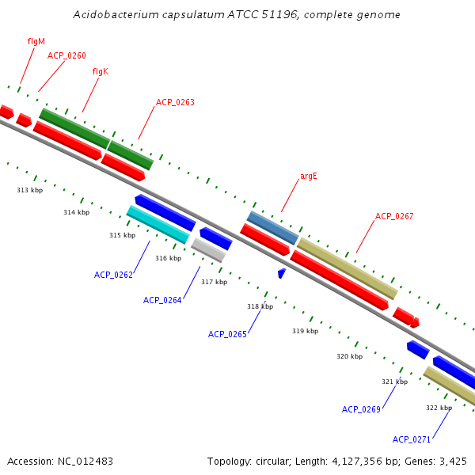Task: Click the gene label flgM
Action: coord(36,40)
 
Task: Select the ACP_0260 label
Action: coord(66,55)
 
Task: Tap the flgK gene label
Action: coord(100,71)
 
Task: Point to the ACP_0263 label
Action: coord(175,102)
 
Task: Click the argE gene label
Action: coord(308,176)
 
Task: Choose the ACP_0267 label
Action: coord(394,216)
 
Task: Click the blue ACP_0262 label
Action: coord(113,275)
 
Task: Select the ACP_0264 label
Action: coord(162,300)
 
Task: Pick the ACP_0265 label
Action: coord(227,334)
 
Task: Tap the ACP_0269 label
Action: coord(361,409)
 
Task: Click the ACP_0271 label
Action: coord(412,439)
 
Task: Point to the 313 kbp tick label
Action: coord(29,190)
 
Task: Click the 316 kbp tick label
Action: coord(168,258)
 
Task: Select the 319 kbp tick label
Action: coord(305,331)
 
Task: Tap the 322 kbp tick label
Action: coord(439,408)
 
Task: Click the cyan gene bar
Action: coord(158,224)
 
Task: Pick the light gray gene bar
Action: coord(208,249)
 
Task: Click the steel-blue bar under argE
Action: coord(272,227)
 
